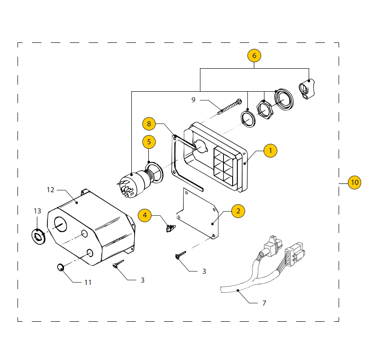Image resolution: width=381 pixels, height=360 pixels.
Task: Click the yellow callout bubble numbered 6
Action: pos(254,56)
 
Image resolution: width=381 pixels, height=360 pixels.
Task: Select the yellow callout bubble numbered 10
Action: pos(354,182)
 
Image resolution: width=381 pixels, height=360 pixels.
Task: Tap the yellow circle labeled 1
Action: pos(270,150)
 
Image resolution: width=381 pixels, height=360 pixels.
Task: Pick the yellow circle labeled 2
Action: pos(238,211)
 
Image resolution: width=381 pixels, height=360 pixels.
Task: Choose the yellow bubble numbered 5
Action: pos(149,142)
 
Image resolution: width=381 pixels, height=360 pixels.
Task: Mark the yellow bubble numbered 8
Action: pos(148,124)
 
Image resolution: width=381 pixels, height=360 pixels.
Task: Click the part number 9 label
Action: pos(193,100)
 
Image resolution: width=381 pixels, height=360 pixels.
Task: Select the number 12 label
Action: pos(51,189)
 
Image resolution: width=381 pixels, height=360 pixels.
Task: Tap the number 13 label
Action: pos(37,211)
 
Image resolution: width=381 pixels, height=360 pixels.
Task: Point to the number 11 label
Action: pos(88,282)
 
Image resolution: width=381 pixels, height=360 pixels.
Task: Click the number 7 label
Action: pos(264,303)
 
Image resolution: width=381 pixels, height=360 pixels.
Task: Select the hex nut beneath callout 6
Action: pos(264,109)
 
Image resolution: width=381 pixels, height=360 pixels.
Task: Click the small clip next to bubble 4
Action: pos(170,228)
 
